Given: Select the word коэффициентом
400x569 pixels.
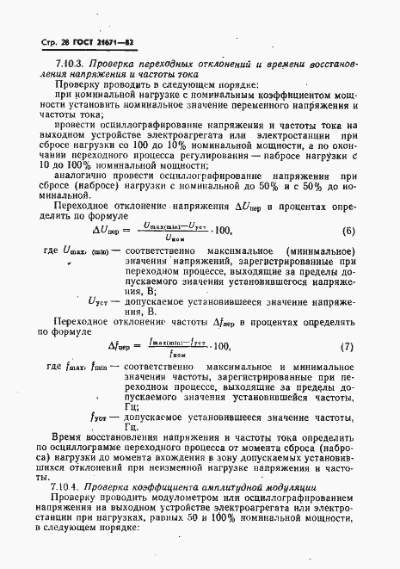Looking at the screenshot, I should pyautogui.click(x=278, y=100).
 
